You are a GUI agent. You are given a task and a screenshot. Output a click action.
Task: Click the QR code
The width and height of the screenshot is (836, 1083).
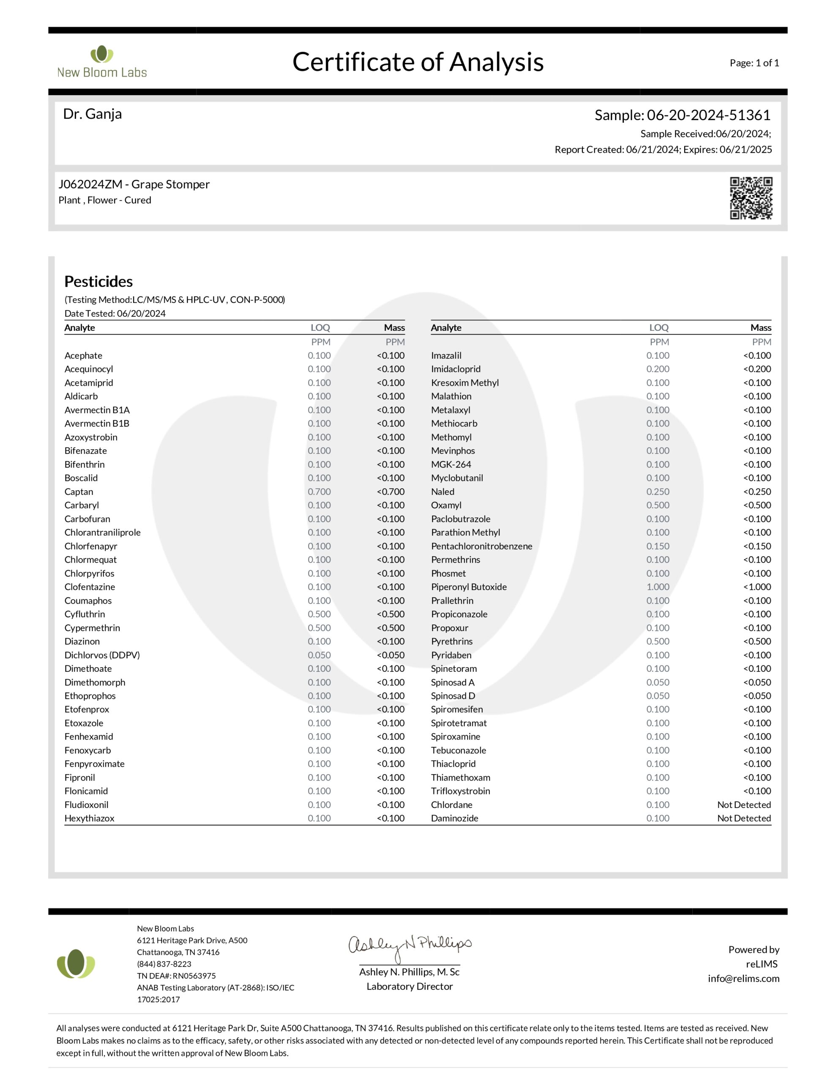click(750, 198)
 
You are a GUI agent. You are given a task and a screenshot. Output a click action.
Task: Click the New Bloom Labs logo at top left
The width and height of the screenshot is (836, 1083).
click(102, 63)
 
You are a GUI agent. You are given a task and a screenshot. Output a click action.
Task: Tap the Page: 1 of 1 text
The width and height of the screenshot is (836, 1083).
click(754, 63)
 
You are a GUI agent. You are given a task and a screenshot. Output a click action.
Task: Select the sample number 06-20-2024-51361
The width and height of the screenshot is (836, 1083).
click(708, 115)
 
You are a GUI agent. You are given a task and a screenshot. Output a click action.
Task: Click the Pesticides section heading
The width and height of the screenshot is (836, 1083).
click(98, 281)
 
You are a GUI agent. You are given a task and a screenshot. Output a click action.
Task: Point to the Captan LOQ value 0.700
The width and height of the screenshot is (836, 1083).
click(319, 492)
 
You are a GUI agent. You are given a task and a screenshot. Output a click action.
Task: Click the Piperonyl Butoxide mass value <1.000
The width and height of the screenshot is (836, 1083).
click(757, 587)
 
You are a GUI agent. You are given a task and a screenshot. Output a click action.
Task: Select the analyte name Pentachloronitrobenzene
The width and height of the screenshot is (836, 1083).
click(481, 546)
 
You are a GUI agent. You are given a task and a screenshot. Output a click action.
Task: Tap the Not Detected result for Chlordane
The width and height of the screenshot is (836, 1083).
click(743, 805)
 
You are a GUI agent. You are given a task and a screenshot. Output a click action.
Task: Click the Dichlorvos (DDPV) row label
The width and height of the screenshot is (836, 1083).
click(102, 655)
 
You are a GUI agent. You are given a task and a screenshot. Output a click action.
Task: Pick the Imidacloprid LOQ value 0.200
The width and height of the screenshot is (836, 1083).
click(658, 369)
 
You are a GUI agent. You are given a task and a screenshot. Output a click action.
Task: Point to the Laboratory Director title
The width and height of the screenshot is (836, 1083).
click(409, 986)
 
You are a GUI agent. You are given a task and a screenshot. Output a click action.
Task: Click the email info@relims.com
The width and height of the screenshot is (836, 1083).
click(743, 979)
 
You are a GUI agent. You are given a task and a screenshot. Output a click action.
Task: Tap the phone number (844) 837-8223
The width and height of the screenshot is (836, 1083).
click(164, 964)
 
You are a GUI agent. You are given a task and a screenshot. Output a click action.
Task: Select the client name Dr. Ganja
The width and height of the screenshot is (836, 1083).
click(92, 114)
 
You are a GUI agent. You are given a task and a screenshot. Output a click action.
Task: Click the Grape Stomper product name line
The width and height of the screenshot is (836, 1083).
click(134, 184)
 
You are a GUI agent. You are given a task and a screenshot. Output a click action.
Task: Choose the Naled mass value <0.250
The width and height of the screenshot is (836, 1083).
click(757, 492)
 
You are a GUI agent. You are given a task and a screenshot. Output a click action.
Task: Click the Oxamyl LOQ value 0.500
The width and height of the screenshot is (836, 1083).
click(658, 505)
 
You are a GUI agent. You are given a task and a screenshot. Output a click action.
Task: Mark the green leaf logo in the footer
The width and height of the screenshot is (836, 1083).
click(75, 964)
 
